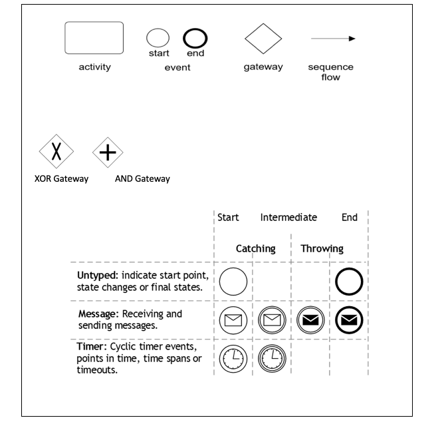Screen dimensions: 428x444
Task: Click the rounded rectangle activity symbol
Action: [94, 37]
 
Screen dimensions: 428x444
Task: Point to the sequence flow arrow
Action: [333, 39]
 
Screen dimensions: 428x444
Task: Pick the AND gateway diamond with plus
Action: [108, 152]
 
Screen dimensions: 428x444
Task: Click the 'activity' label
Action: [94, 67]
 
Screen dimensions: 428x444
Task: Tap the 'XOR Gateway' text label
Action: [61, 178]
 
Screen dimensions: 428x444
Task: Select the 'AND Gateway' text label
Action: [142, 178]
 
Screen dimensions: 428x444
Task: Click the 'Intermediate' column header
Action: [288, 217]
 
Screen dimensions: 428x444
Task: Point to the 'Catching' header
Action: [255, 248]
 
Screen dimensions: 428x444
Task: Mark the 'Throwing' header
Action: [322, 248]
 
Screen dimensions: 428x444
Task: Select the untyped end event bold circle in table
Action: [349, 282]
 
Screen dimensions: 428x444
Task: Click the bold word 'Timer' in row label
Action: [92, 348]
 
